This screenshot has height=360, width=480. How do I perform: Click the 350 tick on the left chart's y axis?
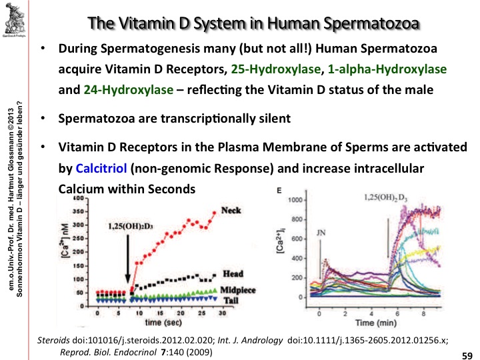click(x=81, y=211)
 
